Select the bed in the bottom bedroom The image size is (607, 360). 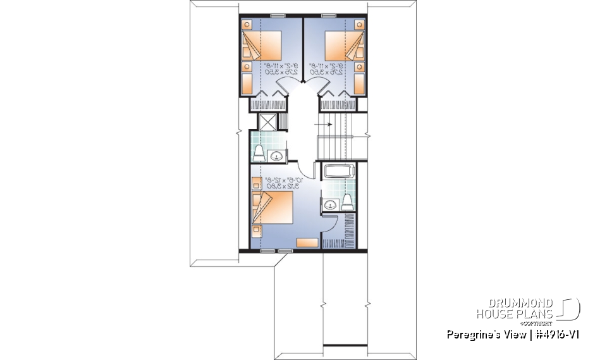click(x=273, y=209)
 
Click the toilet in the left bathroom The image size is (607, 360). click(x=259, y=151)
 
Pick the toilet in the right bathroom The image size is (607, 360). click(x=346, y=201)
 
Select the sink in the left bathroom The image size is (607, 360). click(x=276, y=156)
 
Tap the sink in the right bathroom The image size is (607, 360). click(x=330, y=204)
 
